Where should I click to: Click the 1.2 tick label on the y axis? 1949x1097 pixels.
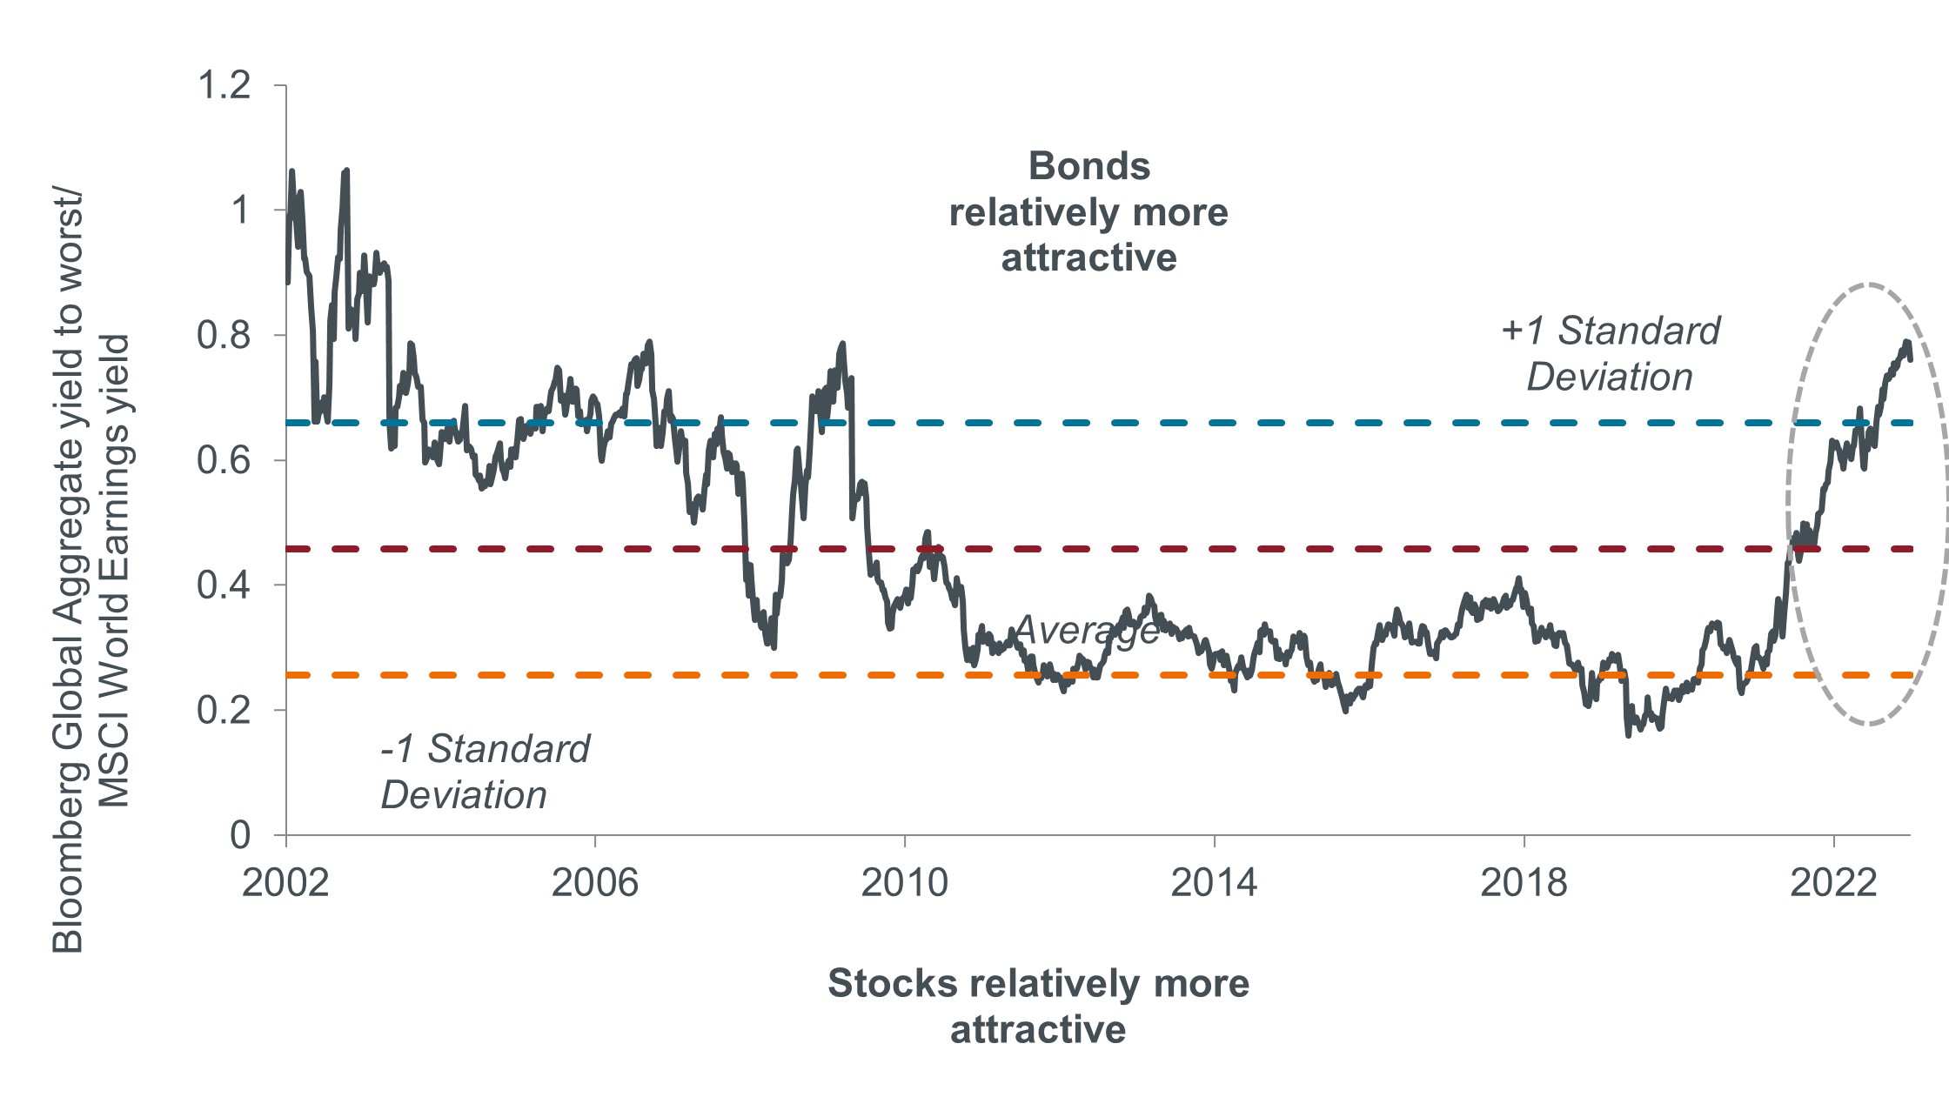coord(224,85)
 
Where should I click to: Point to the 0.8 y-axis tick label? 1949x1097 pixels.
coord(224,335)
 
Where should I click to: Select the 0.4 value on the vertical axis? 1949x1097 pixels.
coord(224,585)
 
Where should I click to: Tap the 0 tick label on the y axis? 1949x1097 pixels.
coord(240,835)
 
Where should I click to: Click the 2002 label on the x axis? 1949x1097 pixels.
coord(285,883)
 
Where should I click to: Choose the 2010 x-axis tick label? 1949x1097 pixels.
coord(904,883)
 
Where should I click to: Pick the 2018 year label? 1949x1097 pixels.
coord(1524,883)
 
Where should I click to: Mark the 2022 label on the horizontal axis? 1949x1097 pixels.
coord(1833,883)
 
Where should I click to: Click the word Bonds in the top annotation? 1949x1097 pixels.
coord(1089,166)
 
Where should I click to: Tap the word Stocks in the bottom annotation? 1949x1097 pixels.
coord(893,983)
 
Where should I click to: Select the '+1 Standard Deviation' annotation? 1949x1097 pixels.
coord(1611,354)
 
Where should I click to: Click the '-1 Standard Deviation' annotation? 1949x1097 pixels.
coord(486,772)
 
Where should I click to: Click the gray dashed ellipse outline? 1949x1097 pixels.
coord(1868,284)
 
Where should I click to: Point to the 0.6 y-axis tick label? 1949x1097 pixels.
coord(224,460)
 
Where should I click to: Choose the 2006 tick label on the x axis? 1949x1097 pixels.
coord(595,883)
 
